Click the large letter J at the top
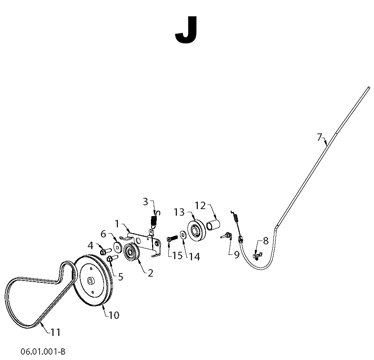coord(186,30)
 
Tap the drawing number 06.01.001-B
coord(43,351)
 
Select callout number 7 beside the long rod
coord(320,137)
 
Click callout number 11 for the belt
coord(55,332)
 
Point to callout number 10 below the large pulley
coord(114,315)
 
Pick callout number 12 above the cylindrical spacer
coord(200,205)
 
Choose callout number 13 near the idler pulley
coord(179,212)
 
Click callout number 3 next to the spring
coord(145,202)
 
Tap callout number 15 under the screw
coord(177,256)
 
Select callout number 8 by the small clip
coord(266,241)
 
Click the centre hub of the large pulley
coord(90,281)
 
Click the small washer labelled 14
coord(183,235)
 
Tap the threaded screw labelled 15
coord(172,238)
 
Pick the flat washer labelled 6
coord(118,247)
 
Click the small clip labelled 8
coord(257,256)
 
